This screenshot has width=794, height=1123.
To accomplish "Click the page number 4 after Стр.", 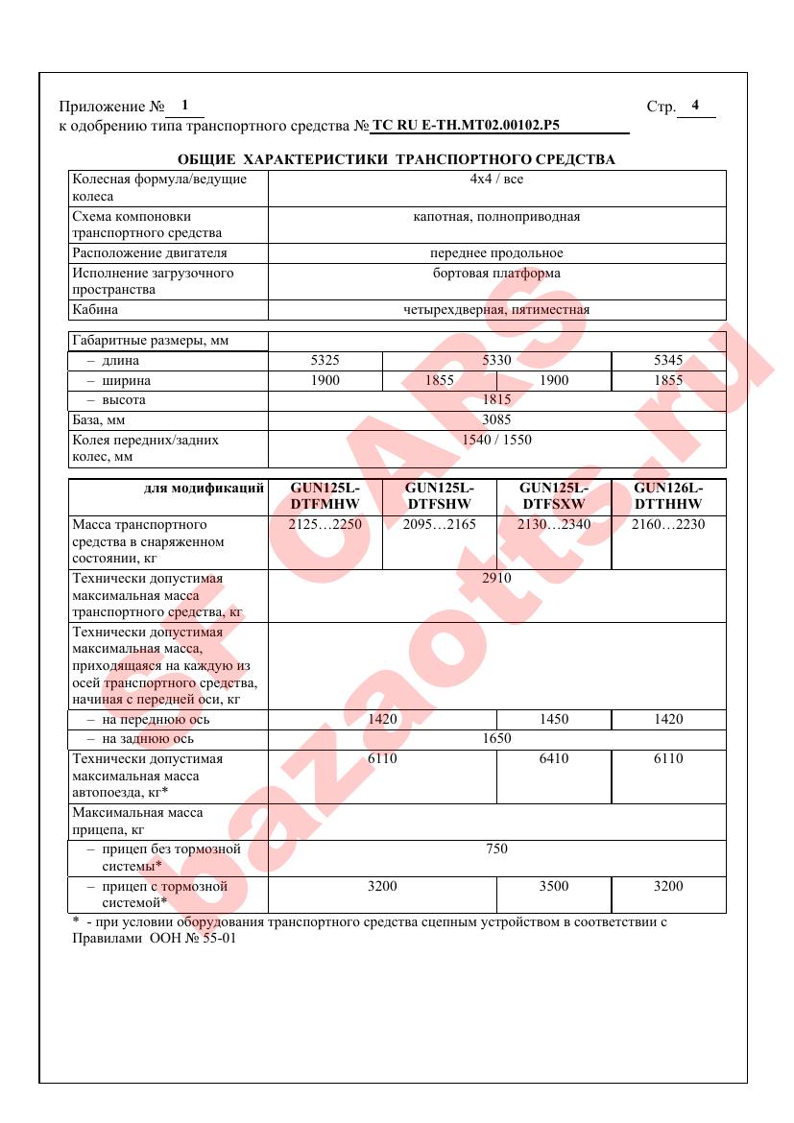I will point(696,105).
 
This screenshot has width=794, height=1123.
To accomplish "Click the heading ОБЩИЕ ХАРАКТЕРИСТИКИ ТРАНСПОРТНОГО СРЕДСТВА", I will point(397,159).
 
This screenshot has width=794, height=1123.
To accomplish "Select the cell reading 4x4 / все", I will point(496,179).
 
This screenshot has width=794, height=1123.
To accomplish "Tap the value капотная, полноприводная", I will point(496,217).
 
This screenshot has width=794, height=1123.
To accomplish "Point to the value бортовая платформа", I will point(496,274).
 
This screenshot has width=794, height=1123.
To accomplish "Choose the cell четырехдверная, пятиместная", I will point(496,310).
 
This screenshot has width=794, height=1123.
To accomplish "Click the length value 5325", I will point(325,361).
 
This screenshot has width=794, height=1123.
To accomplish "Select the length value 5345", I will point(667,361).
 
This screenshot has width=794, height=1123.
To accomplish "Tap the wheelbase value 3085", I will point(496,420).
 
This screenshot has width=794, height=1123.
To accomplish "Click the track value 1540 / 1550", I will point(496,441).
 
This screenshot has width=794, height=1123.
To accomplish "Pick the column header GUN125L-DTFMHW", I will point(325,495).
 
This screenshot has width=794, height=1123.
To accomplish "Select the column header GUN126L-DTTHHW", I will point(667,495).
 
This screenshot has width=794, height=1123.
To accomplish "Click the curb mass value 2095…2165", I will point(439,525).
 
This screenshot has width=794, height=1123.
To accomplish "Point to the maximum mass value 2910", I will point(496,578).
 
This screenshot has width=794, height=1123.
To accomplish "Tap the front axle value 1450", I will point(553,719).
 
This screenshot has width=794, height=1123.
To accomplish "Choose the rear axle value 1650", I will point(496,739).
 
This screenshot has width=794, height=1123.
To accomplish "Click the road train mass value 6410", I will point(553,759).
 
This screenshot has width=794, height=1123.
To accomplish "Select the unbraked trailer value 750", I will point(496,849).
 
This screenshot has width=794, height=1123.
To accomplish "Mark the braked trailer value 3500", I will point(553,887).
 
